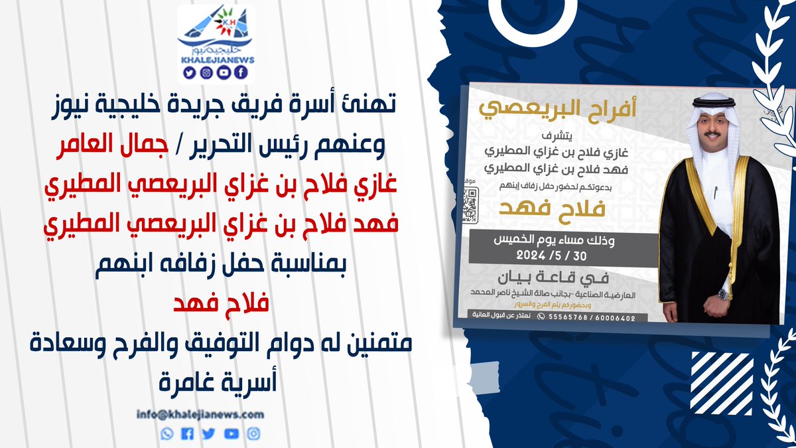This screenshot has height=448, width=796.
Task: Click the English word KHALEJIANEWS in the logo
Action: coord(217,59)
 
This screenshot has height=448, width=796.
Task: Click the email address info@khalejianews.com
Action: coord(200,414)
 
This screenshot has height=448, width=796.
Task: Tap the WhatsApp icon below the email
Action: coord(166,433)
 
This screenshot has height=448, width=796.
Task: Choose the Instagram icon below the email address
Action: coord(253,433)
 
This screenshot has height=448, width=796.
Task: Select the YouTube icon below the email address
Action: coord(232,433)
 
